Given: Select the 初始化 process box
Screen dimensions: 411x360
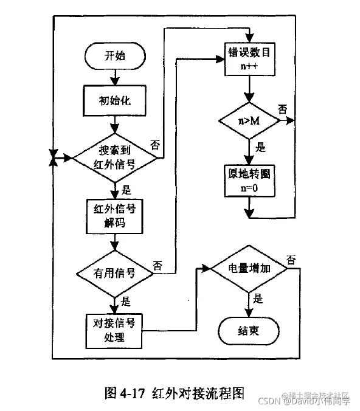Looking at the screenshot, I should click(115, 100).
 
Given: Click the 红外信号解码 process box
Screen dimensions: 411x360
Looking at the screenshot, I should click(115, 216).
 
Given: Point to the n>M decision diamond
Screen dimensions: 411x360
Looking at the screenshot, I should click(249, 121).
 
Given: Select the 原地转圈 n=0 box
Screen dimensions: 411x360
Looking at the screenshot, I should click(249, 179).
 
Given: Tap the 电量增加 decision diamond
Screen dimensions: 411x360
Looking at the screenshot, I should click(249, 268).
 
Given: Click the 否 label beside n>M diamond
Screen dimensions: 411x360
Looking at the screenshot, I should click(283, 109).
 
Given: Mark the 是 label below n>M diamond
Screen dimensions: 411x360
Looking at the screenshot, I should click(261, 147).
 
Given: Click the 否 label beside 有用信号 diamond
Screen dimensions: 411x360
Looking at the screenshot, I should click(157, 266).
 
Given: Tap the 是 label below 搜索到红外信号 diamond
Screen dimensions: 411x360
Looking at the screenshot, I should click(127, 188).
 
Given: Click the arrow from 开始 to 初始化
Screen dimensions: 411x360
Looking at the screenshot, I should click(115, 77).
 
